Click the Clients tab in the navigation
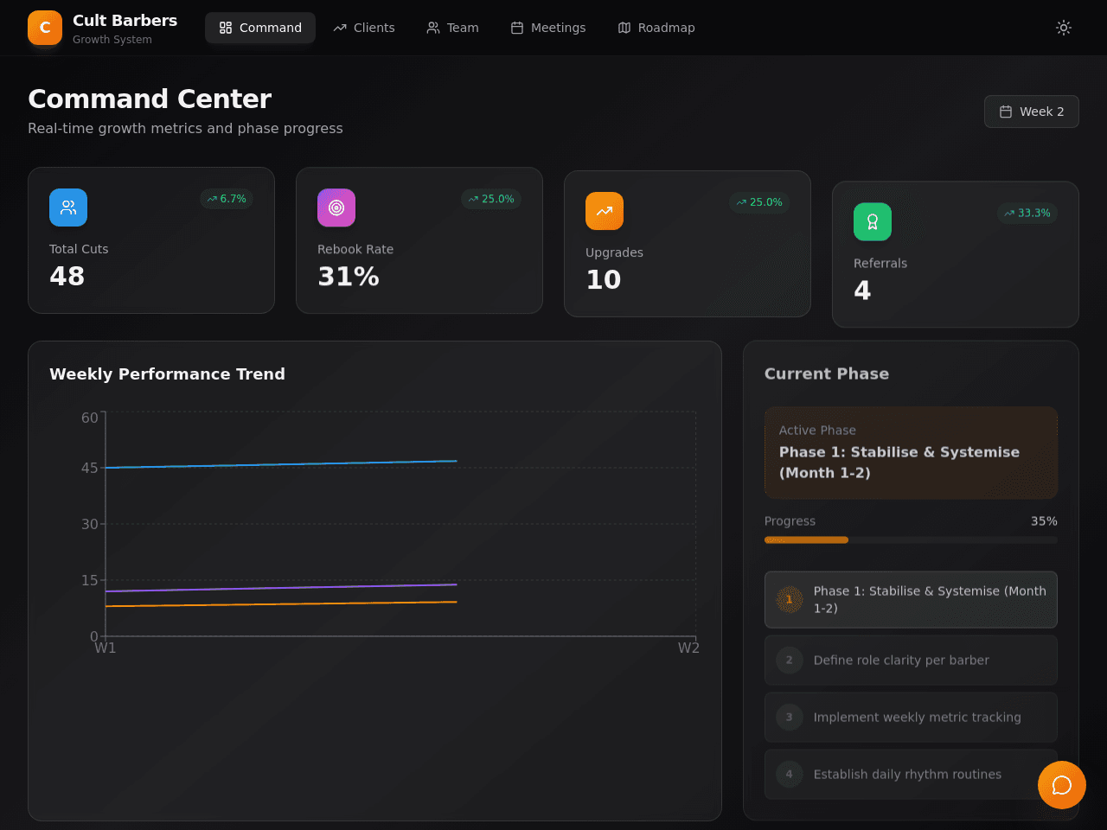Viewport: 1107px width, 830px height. click(x=363, y=28)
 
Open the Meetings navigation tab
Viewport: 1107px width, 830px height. click(x=547, y=28)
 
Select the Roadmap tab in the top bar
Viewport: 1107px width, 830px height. click(x=656, y=28)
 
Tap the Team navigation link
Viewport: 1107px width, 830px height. click(x=452, y=28)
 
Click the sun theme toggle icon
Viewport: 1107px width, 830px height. click(x=1063, y=28)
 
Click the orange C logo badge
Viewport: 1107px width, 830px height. click(x=45, y=28)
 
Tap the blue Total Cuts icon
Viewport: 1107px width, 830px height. click(x=68, y=207)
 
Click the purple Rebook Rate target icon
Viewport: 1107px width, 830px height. click(x=336, y=207)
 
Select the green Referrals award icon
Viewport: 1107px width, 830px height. click(x=873, y=221)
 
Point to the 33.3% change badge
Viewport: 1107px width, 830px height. click(x=1027, y=214)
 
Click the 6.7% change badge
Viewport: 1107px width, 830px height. click(x=227, y=199)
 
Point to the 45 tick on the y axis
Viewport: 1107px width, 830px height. click(x=89, y=468)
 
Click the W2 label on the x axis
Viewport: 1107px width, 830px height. click(x=688, y=648)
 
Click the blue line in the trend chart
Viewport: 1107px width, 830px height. click(x=281, y=464)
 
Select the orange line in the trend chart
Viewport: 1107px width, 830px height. click(x=281, y=603)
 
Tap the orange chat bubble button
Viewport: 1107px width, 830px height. click(x=1062, y=785)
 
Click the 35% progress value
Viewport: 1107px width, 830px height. click(x=1044, y=521)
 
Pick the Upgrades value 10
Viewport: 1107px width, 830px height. click(x=603, y=279)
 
